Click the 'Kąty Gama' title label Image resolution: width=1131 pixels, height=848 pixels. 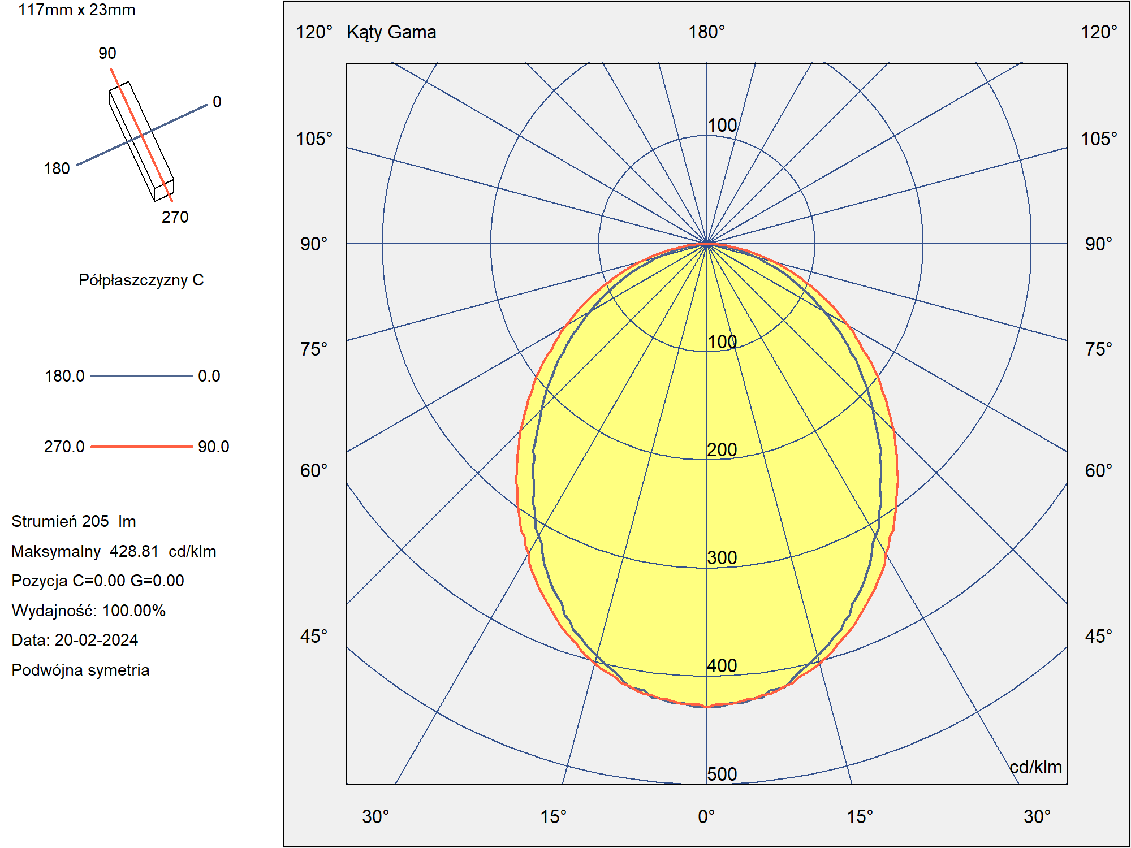click(x=391, y=33)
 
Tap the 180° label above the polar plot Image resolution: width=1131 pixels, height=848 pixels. click(x=706, y=32)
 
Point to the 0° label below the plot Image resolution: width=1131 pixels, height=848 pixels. click(x=706, y=817)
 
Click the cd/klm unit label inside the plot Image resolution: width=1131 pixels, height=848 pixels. click(x=1035, y=767)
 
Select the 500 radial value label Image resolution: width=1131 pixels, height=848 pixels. click(x=722, y=774)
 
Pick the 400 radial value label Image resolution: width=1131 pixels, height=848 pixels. click(x=722, y=665)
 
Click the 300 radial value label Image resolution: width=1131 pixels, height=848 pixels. click(x=722, y=557)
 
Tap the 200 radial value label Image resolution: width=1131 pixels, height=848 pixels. click(x=722, y=449)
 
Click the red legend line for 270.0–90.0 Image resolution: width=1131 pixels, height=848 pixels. click(x=141, y=447)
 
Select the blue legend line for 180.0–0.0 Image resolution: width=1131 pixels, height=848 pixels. click(x=141, y=376)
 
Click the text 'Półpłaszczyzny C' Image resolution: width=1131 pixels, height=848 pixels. click(x=141, y=280)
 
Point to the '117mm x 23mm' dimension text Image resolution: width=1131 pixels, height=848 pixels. click(x=77, y=10)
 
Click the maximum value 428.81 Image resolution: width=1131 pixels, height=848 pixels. click(x=134, y=551)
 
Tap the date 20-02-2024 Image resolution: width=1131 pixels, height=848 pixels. click(x=96, y=640)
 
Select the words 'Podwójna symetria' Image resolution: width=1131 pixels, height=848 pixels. click(x=80, y=670)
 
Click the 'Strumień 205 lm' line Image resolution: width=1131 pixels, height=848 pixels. click(x=74, y=521)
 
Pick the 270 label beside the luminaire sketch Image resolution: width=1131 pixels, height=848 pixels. click(x=175, y=217)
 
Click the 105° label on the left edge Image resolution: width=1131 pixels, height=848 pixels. click(x=314, y=139)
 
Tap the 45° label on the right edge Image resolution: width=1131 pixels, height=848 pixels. click(x=1098, y=636)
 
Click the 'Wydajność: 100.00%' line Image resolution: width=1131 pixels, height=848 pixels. click(x=88, y=611)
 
